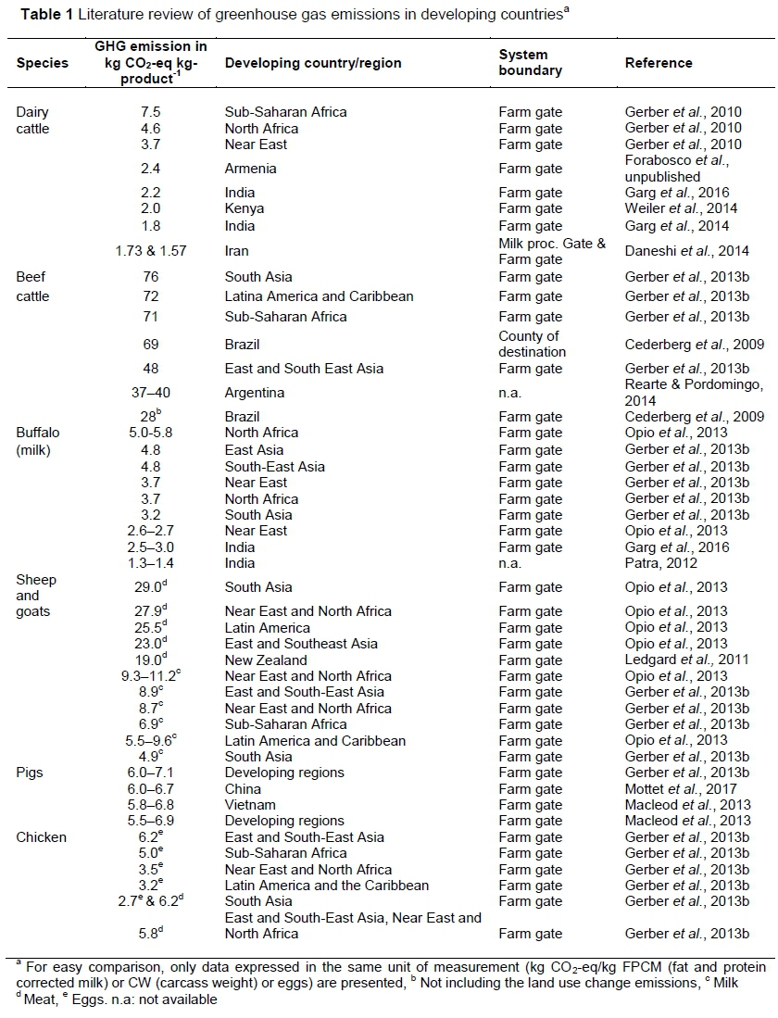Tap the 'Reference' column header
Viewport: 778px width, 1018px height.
click(x=659, y=63)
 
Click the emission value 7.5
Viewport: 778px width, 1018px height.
click(x=151, y=112)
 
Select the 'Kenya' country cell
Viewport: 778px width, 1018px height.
click(x=244, y=209)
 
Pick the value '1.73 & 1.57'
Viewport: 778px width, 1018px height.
click(x=151, y=251)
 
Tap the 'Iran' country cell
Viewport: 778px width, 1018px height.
click(x=237, y=251)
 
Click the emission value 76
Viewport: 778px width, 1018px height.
click(x=151, y=277)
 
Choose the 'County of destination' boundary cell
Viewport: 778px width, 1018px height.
click(x=533, y=344)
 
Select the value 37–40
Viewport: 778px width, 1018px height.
click(x=151, y=393)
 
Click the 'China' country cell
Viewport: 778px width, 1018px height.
click(x=243, y=789)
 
